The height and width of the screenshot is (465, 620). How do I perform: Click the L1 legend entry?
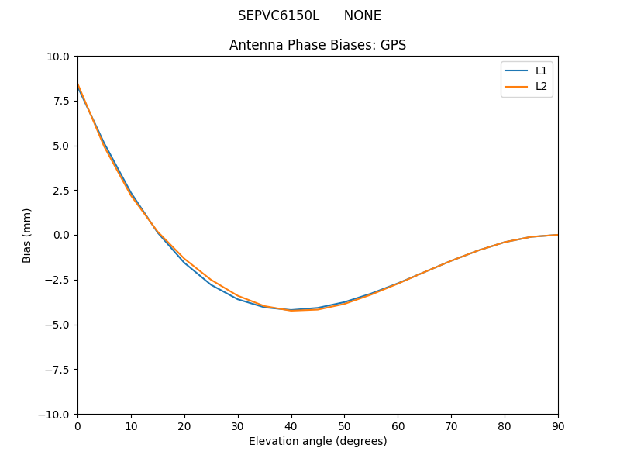(541, 71)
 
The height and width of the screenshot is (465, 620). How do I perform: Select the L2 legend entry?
(541, 86)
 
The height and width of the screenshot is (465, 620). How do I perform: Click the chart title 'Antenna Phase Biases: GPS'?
(318, 45)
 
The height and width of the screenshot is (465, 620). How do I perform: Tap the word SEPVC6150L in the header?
(278, 15)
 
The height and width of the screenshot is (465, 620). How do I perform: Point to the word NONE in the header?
(363, 15)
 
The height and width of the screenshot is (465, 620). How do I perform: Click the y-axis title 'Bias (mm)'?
(27, 235)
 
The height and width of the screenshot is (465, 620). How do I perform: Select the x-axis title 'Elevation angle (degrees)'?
(318, 441)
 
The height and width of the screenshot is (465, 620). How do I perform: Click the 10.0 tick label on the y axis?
(58, 57)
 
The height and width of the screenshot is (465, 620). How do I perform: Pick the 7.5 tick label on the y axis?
(61, 101)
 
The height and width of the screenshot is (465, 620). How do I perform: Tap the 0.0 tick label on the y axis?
(61, 235)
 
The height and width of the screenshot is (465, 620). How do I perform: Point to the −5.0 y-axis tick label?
(57, 325)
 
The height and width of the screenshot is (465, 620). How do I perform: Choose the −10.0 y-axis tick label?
(54, 414)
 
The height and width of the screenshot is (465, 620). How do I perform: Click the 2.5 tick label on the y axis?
(61, 191)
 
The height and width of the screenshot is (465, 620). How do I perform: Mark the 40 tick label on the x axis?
(291, 425)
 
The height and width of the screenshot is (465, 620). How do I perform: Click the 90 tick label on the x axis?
(558, 425)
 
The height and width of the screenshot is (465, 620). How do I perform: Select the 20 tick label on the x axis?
(184, 425)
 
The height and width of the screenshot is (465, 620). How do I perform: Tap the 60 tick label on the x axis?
(398, 425)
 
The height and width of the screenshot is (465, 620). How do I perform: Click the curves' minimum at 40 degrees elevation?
(291, 310)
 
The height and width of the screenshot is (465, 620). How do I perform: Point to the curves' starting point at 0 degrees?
(77, 84)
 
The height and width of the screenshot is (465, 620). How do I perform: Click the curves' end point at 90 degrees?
(558, 235)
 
